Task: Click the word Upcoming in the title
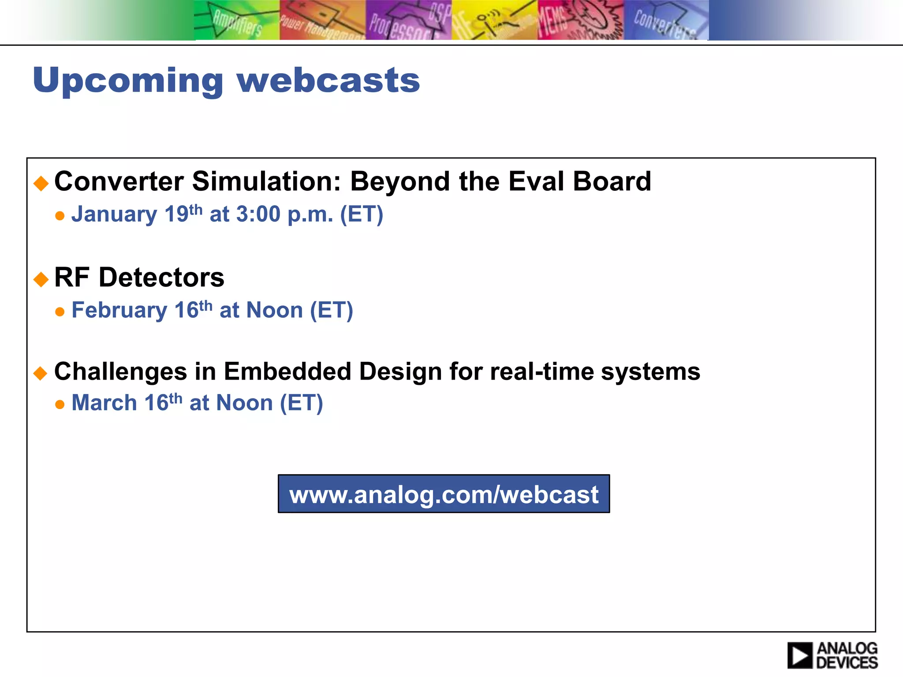128,81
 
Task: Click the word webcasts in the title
328,81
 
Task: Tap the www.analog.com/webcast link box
444,494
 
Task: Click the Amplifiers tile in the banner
237,20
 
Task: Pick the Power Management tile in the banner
322,20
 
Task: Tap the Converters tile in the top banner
666,20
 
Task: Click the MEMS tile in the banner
580,20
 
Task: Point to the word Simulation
266,181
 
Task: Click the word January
114,215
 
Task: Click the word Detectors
161,278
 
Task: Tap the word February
119,310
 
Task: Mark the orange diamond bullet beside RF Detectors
41,279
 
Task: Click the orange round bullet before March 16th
60,405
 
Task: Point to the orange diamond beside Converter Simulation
41,183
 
